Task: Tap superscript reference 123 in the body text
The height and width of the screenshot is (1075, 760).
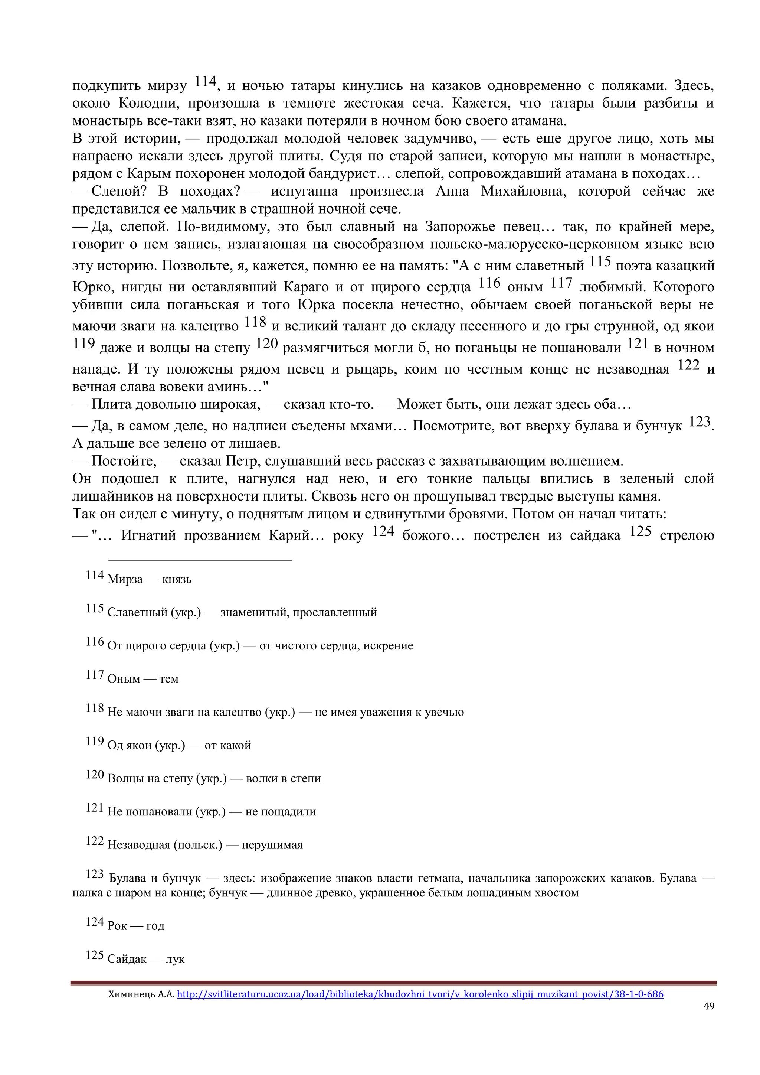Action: click(x=699, y=422)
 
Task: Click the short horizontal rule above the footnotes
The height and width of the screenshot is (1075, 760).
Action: click(x=200, y=560)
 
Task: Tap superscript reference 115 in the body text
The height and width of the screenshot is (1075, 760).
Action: click(x=600, y=262)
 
